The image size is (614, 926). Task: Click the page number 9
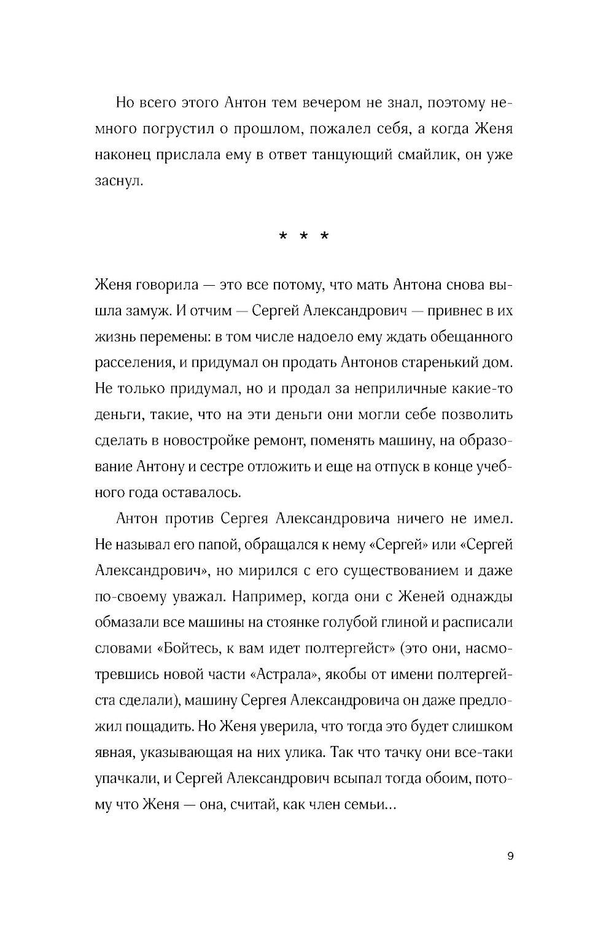click(510, 857)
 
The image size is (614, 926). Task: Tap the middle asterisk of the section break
click(304, 237)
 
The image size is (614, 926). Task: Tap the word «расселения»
click(131, 363)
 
